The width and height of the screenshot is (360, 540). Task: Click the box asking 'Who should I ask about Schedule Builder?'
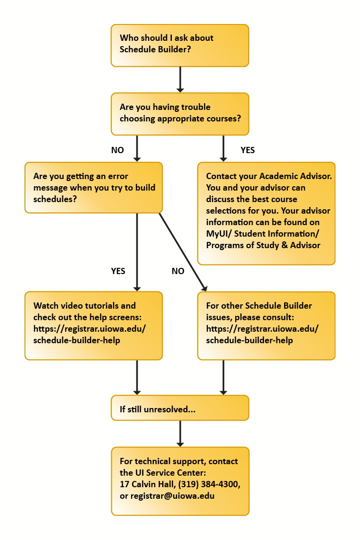[x=180, y=45]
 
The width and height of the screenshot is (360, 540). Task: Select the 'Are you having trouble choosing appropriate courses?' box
[x=180, y=113]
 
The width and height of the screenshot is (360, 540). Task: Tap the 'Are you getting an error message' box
[x=94, y=187]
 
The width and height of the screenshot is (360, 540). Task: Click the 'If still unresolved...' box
[x=180, y=408]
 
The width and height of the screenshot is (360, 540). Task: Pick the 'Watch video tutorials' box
[x=94, y=325]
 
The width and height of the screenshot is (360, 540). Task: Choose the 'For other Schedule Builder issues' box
[x=266, y=325]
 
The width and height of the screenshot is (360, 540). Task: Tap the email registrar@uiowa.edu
[x=172, y=496]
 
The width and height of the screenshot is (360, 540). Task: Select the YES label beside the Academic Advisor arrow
[x=247, y=150]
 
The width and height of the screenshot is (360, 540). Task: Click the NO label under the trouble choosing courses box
[x=118, y=150]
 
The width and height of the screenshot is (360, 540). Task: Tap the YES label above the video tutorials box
[x=118, y=271]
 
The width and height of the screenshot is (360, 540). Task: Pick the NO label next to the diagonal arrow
[x=178, y=271]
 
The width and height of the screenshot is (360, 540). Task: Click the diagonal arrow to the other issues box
[x=182, y=252]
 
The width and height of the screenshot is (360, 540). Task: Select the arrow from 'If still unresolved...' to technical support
[x=180, y=433]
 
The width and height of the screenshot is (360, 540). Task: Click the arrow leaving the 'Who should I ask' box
[x=180, y=79]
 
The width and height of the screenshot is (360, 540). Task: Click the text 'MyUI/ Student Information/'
[x=263, y=234]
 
